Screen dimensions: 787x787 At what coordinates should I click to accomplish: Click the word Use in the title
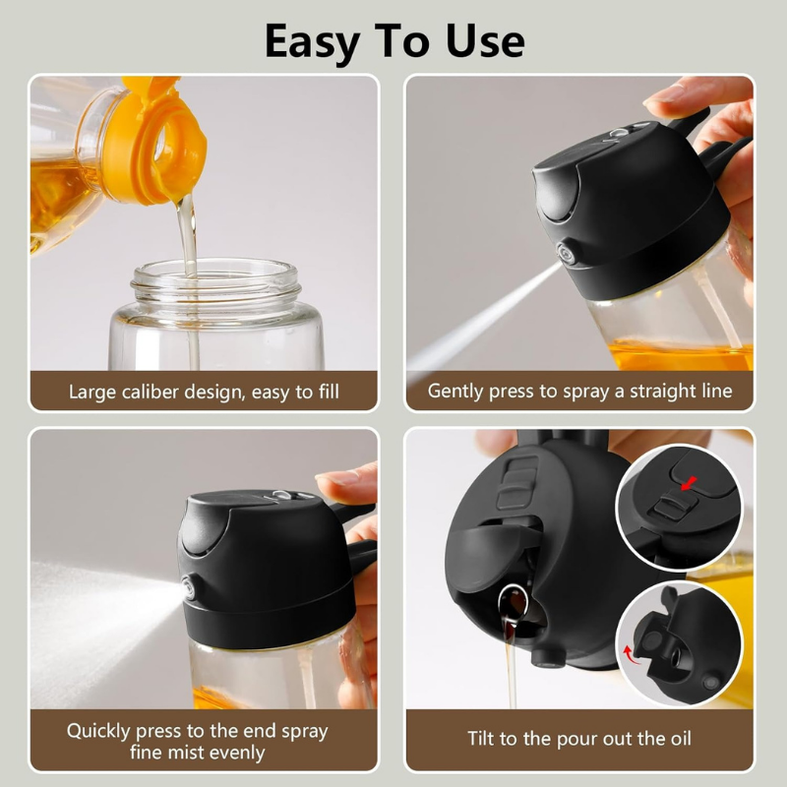pos(480,41)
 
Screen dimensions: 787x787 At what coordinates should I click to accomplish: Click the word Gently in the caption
pos(458,392)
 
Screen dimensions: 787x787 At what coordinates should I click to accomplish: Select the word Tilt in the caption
pos(484,739)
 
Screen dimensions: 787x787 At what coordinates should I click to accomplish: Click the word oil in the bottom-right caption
pos(677,739)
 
